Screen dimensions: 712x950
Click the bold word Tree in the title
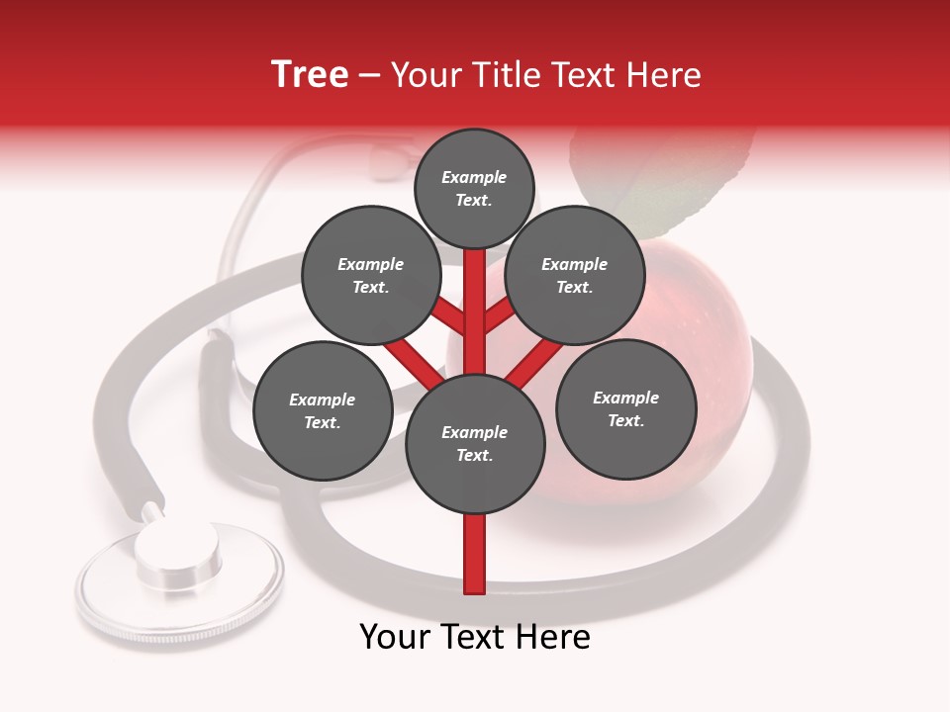(310, 75)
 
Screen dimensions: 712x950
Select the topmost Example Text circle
(474, 188)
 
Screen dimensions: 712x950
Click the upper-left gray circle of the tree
(371, 275)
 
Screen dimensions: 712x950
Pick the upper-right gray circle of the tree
(575, 275)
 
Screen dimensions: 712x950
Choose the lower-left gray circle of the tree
(323, 410)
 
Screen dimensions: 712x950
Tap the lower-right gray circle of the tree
(625, 408)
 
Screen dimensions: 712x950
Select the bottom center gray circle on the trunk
(475, 443)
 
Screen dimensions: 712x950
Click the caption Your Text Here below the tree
(475, 637)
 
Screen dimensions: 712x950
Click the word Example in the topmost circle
(474, 177)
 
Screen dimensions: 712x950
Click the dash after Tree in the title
(370, 76)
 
